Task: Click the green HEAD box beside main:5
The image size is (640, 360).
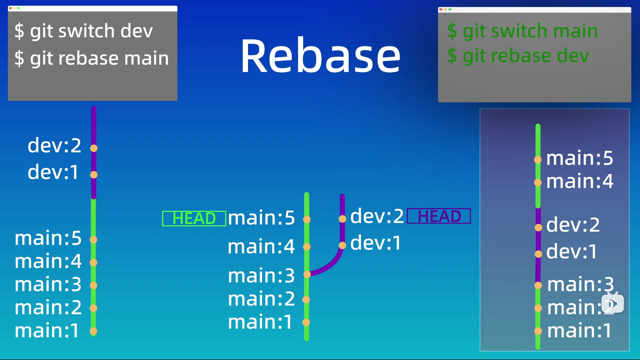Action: click(194, 219)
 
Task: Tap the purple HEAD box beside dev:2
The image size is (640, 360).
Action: click(439, 216)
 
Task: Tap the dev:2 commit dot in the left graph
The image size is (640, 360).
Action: click(94, 148)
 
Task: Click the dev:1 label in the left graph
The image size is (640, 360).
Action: click(53, 172)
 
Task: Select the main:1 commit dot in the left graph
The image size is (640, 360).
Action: click(93, 331)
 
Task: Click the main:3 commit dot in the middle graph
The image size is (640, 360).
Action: click(307, 274)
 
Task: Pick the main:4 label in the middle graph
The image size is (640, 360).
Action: click(261, 247)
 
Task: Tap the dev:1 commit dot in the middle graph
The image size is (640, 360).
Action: click(342, 246)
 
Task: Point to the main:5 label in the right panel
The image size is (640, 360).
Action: click(579, 158)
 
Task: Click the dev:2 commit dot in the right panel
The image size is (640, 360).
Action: click(538, 228)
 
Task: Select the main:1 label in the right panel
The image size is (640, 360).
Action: click(579, 331)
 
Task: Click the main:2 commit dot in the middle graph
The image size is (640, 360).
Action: click(306, 300)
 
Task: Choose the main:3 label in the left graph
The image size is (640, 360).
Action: click(48, 284)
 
